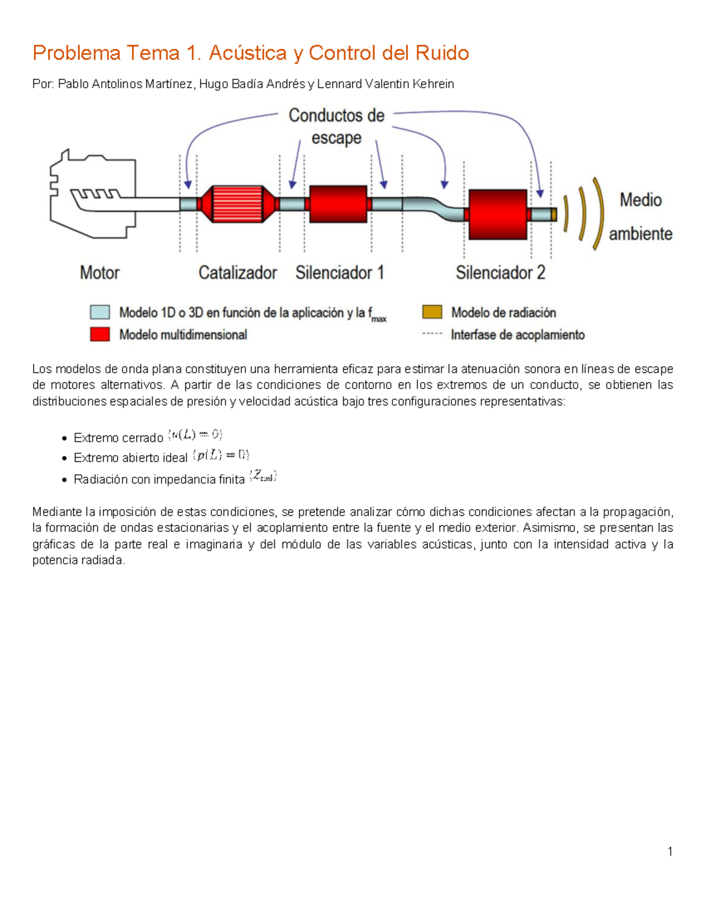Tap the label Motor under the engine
tap(99, 272)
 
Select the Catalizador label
tap(237, 272)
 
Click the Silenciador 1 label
tap(339, 272)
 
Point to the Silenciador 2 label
tap(500, 272)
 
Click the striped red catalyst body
tap(237, 204)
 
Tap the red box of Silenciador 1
tap(338, 204)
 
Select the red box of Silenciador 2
tap(497, 214)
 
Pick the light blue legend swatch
tap(100, 312)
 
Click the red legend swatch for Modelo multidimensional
tap(100, 334)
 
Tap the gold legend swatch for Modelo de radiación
tap(432, 312)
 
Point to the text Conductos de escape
tap(336, 127)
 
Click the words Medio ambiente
tap(640, 217)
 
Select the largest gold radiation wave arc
tap(598, 213)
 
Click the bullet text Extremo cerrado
tap(118, 438)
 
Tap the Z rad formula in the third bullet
tap(263, 477)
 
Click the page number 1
tap(670, 851)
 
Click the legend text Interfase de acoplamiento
tap(517, 335)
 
